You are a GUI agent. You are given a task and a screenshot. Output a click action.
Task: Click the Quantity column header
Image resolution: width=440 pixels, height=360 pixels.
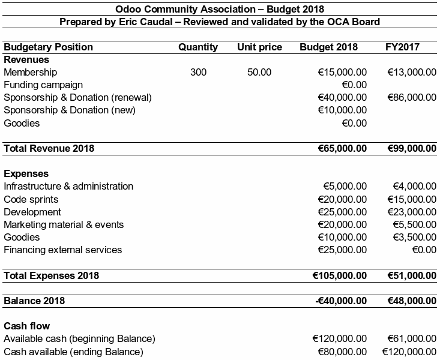[x=198, y=47]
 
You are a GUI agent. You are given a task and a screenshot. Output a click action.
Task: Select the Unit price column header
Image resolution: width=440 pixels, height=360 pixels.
[x=259, y=47]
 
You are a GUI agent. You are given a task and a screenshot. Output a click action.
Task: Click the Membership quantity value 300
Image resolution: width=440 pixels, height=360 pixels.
[x=198, y=73]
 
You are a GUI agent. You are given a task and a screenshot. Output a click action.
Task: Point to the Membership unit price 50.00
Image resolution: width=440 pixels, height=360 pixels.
[x=259, y=73]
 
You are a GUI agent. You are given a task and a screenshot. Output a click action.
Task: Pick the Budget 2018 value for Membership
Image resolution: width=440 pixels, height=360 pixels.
[x=342, y=73]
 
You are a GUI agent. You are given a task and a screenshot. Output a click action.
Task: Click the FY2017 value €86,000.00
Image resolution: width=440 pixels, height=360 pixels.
[x=412, y=98]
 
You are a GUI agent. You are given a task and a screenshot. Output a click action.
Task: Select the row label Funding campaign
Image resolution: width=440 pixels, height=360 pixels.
[x=43, y=85]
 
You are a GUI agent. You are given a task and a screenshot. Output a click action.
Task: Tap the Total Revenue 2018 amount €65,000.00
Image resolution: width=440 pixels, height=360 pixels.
[x=340, y=148]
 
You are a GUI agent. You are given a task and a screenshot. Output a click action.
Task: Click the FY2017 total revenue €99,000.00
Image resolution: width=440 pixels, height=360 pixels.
[x=411, y=148]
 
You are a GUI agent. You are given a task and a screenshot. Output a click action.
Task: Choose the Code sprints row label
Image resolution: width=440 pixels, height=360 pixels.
[x=31, y=199]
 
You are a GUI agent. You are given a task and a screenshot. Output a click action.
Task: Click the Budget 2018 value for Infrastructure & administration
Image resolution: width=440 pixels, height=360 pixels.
[x=345, y=187]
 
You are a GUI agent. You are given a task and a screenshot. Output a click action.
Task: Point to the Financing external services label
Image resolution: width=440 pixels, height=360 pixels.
[x=63, y=250]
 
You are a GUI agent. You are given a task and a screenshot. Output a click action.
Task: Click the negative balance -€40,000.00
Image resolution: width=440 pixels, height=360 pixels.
[x=341, y=301]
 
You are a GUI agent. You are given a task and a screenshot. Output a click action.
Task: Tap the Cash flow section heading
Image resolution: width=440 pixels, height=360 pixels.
[x=26, y=326]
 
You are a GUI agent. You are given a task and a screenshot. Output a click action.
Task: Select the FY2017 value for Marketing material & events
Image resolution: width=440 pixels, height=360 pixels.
[x=414, y=224]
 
